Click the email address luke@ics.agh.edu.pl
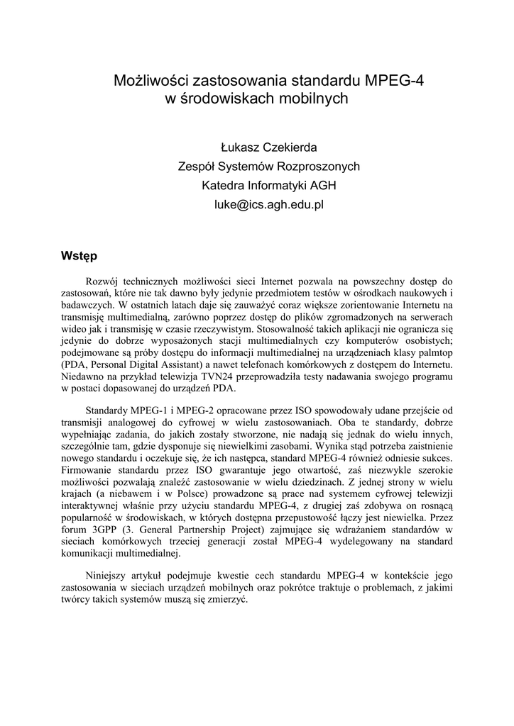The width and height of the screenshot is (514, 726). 269,205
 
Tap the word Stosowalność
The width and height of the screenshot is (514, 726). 287,330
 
